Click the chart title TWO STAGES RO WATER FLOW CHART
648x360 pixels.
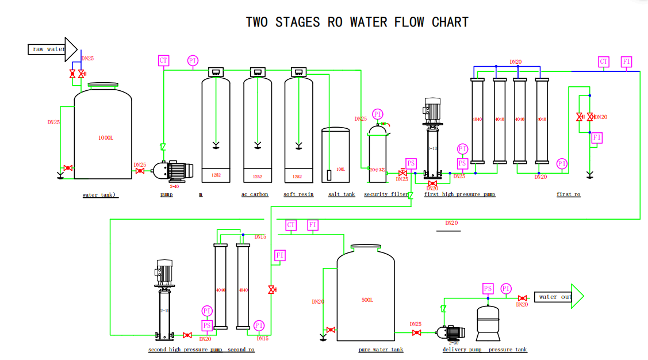pyautogui.click(x=357, y=22)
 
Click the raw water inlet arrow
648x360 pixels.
pyautogui.click(x=52, y=49)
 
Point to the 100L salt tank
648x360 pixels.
pyautogui.click(x=336, y=155)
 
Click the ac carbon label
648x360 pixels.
pyautogui.click(x=255, y=194)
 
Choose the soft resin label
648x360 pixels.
pyautogui.click(x=298, y=194)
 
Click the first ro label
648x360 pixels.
pyautogui.click(x=568, y=194)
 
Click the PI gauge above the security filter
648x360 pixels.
pyautogui.click(x=378, y=114)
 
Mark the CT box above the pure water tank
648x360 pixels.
pyautogui.click(x=291, y=225)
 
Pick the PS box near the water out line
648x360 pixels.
pyautogui.click(x=488, y=288)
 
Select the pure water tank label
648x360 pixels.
pyautogui.click(x=381, y=350)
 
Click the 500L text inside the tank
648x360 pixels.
pyautogui.click(x=367, y=300)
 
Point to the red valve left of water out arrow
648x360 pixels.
pyautogui.click(x=522, y=298)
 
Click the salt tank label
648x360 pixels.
pyautogui.click(x=342, y=194)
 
